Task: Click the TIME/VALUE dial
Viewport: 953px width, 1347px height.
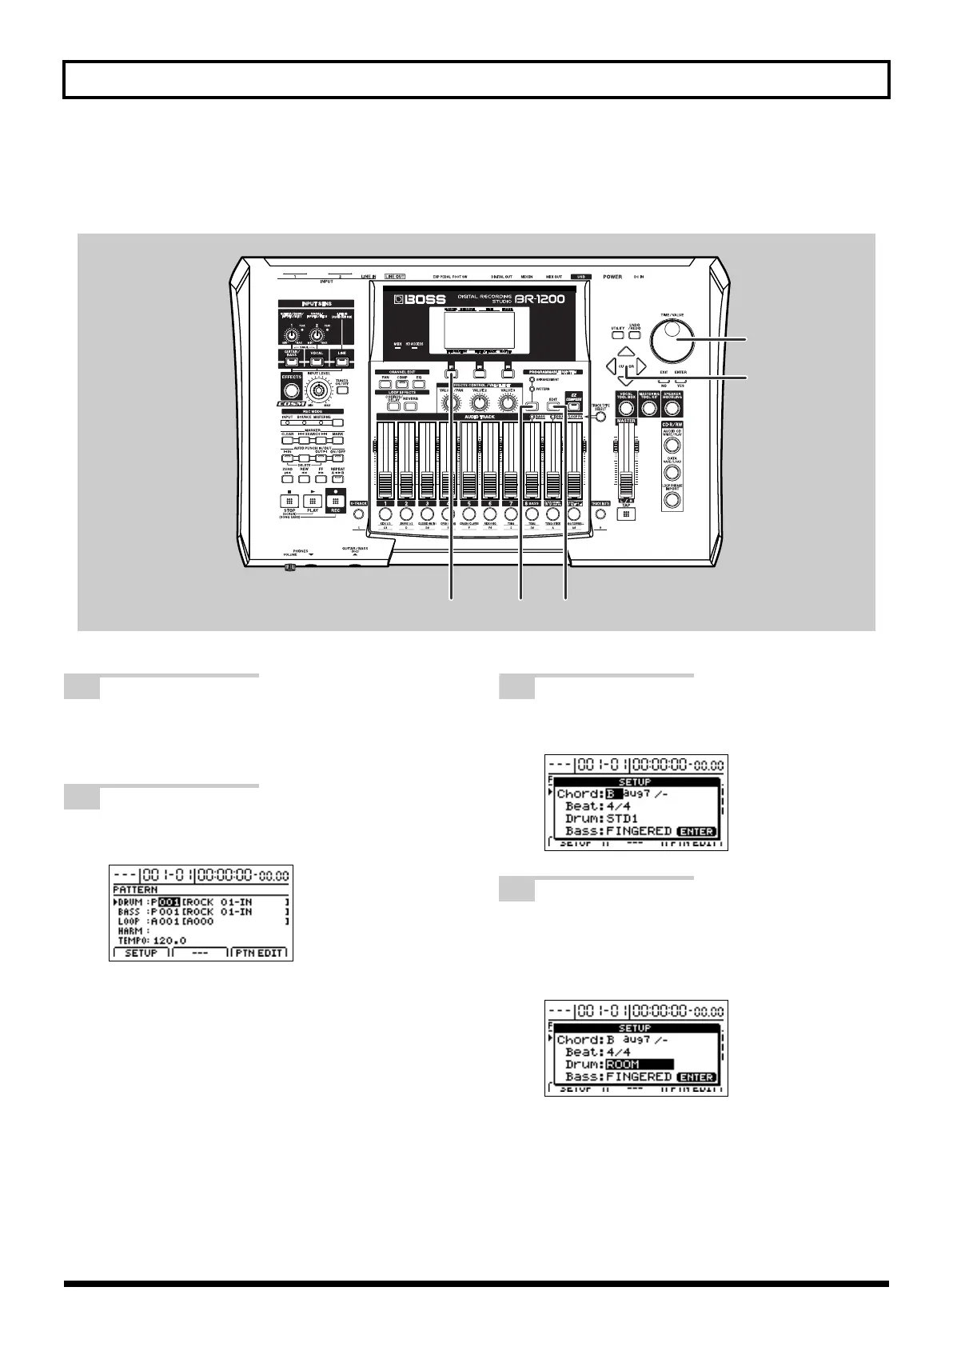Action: point(674,340)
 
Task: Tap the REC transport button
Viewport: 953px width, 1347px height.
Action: point(337,501)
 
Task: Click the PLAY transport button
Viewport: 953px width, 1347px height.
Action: point(313,502)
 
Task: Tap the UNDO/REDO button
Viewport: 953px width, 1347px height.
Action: point(636,330)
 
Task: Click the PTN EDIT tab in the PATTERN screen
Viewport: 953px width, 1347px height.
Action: point(260,953)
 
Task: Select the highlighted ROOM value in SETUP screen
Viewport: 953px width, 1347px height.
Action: point(640,1065)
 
